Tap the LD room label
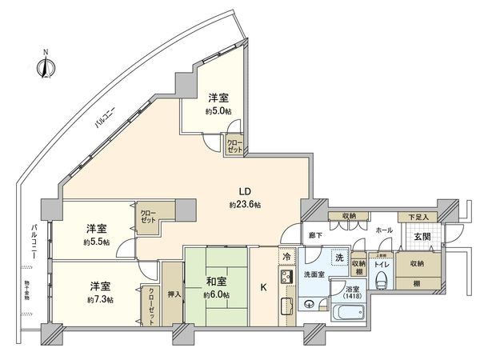point(246,191)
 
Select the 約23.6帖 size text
point(246,205)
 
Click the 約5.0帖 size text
point(218,112)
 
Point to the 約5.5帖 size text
point(98,241)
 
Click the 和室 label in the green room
point(215,281)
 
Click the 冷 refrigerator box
point(286,257)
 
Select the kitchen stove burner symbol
point(286,278)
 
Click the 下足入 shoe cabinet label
point(418,217)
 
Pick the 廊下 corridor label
point(314,235)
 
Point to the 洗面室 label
point(314,274)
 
